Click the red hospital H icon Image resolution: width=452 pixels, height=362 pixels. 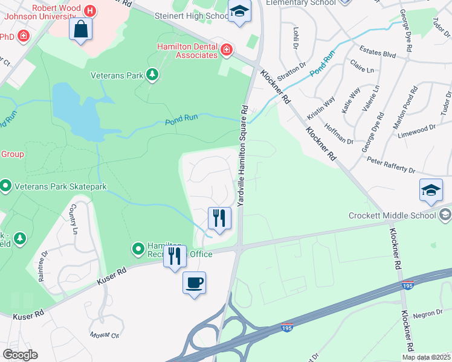pos(90,10)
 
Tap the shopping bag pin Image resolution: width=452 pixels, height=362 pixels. pos(81,29)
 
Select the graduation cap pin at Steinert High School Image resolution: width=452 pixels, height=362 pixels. pos(239,11)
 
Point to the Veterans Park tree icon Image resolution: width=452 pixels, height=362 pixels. pos(153,75)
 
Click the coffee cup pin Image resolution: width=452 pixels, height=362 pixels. pos(195,284)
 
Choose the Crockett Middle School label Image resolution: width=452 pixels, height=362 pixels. pos(392,215)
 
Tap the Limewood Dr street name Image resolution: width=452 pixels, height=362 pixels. pos(417,128)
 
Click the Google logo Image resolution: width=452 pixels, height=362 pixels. pos(20,355)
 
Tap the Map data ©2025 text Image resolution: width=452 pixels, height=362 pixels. pos(426,357)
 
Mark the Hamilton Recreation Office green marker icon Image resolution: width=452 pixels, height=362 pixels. pos(138,247)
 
